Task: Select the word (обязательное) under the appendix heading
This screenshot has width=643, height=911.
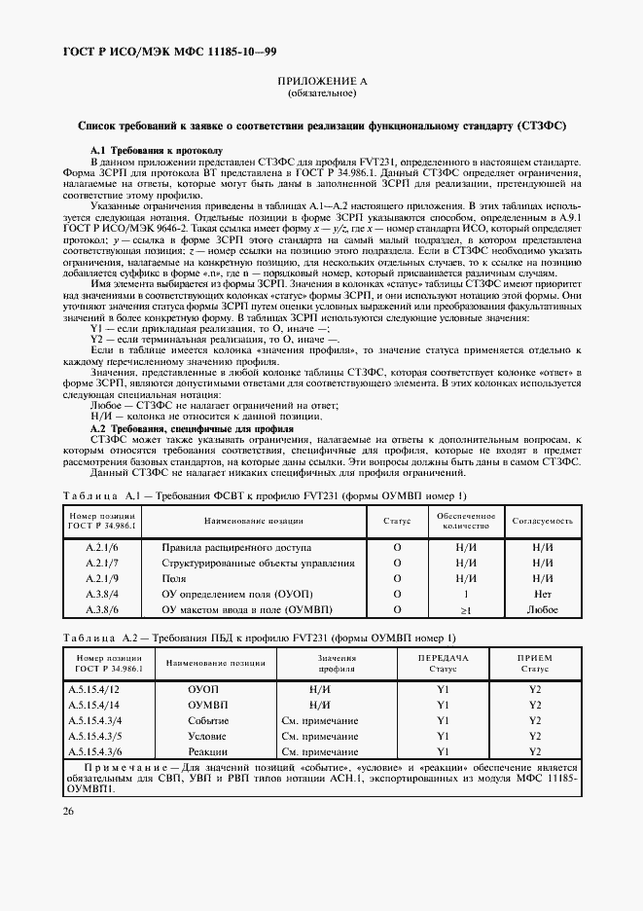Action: coord(321,95)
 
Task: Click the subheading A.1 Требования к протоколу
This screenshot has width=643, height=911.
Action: coord(156,151)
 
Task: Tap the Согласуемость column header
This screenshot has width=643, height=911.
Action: coord(542,522)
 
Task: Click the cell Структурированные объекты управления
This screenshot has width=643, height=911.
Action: coord(243,564)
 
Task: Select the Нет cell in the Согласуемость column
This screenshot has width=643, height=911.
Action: coord(542,594)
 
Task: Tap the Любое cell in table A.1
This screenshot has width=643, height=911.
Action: coord(542,609)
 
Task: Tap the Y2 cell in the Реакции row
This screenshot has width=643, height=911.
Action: coord(533,752)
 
